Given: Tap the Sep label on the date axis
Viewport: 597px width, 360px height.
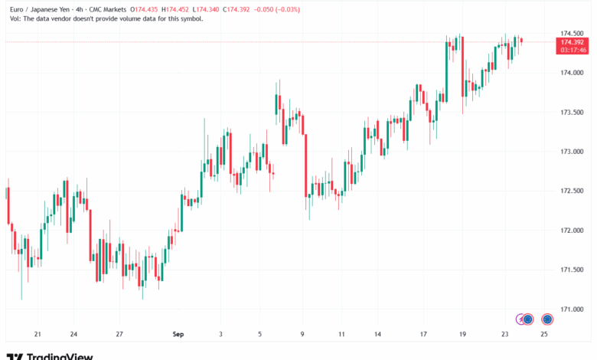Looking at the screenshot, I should coord(178,335).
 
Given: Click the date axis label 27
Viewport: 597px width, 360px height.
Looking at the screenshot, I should coord(119,335).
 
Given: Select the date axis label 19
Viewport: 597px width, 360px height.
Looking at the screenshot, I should coord(462,335).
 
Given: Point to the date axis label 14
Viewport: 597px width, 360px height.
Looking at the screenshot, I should coord(377,335).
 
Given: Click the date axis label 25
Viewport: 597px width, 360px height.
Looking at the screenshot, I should coord(544,335).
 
